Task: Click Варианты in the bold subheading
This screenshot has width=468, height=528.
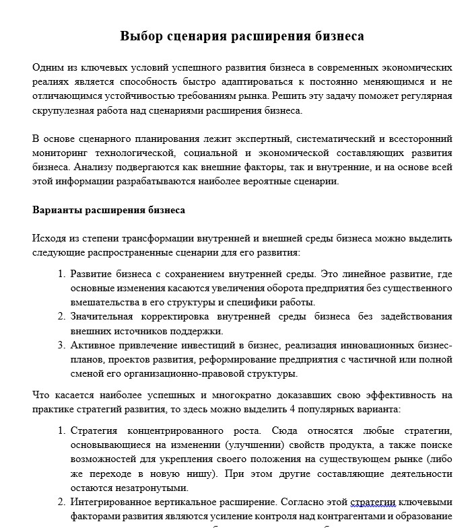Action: (x=57, y=210)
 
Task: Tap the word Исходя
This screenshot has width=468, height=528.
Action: (x=49, y=238)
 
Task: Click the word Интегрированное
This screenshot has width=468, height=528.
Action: (x=108, y=502)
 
